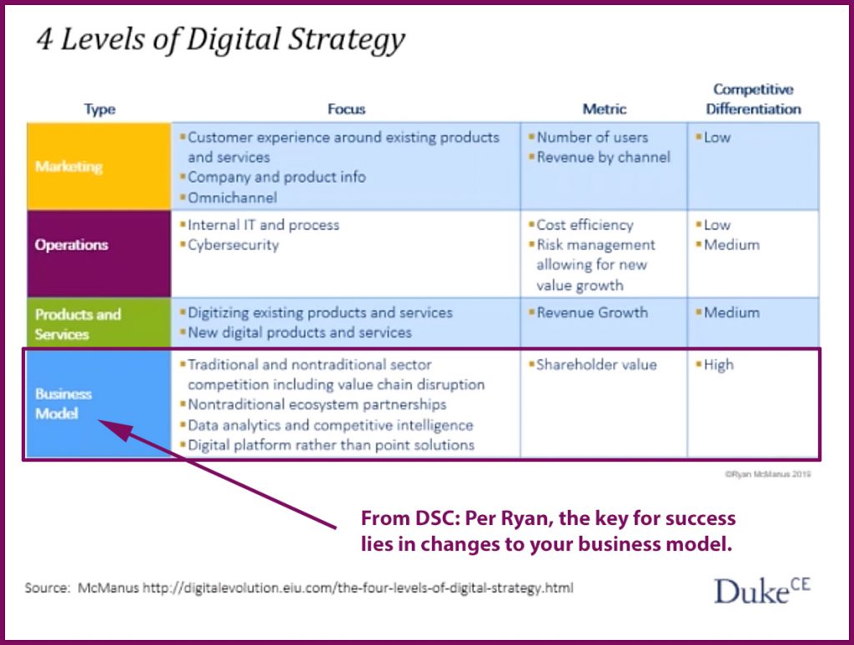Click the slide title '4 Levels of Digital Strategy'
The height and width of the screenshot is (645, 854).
220,40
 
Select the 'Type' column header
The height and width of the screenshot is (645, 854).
100,109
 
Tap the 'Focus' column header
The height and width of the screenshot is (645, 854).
346,109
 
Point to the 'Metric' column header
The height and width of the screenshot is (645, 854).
605,109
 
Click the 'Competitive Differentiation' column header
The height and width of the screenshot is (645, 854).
753,99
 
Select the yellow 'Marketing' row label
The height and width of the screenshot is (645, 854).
69,167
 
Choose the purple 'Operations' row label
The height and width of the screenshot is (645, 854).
72,245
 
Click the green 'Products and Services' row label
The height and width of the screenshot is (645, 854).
78,324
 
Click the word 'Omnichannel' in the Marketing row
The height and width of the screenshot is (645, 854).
233,197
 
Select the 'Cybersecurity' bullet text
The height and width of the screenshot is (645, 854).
234,246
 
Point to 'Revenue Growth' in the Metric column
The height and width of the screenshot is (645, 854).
593,312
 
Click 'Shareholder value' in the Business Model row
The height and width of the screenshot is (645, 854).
596,365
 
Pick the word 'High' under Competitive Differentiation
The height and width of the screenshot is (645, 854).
719,365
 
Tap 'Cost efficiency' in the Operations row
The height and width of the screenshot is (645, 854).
585,225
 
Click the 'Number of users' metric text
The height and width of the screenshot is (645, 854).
593,137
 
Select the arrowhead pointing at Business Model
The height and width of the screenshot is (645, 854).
114,428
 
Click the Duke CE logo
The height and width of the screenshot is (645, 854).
762,590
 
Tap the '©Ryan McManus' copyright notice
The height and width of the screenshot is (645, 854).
767,474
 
